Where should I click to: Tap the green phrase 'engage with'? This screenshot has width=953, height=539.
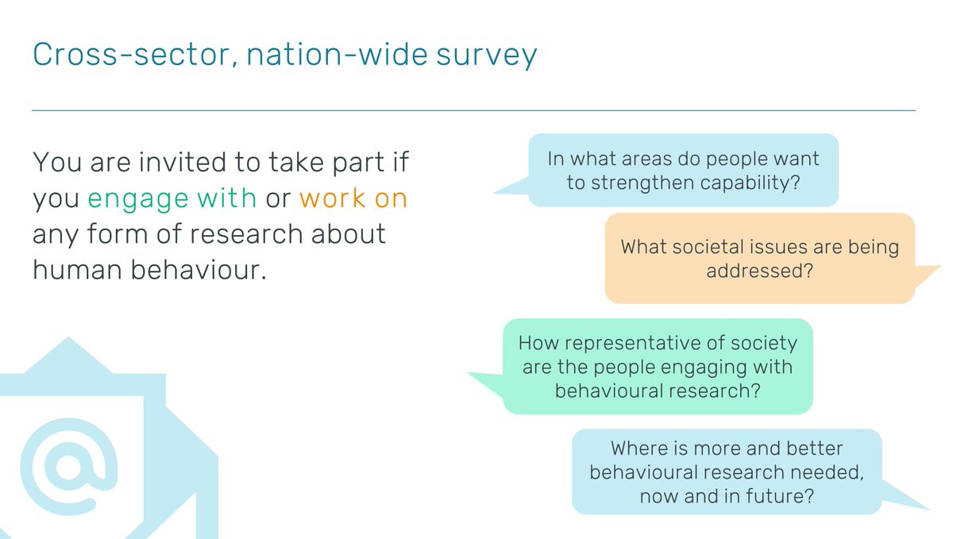pyautogui.click(x=172, y=198)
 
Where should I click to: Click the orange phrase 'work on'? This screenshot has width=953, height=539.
pyautogui.click(x=353, y=198)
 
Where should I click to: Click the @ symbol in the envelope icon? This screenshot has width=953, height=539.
pyautogui.click(x=69, y=466)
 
